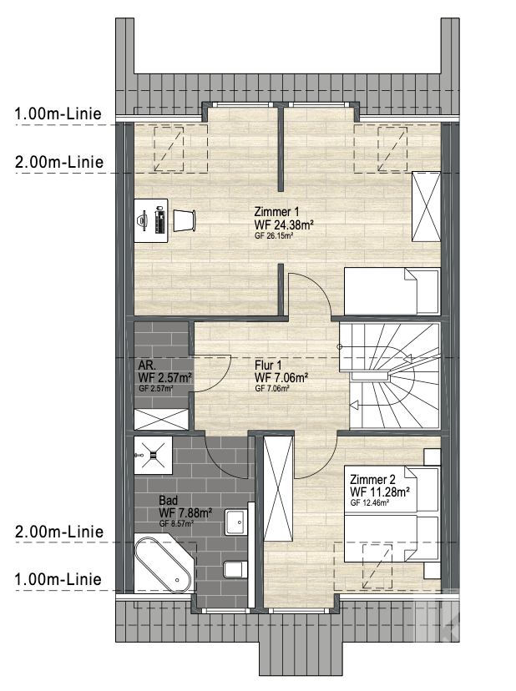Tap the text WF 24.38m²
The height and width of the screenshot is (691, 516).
(284, 224)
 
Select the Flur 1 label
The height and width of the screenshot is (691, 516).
(268, 366)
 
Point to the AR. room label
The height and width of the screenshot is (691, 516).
(147, 366)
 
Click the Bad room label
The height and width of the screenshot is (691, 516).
(169, 501)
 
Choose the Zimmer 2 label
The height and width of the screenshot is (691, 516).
(372, 479)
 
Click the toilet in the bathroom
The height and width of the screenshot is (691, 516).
(234, 569)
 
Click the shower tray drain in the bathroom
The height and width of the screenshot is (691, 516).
(152, 455)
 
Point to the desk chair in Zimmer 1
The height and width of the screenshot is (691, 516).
(184, 220)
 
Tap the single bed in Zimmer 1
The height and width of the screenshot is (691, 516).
(392, 291)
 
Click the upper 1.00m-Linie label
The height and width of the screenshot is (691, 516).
(58, 113)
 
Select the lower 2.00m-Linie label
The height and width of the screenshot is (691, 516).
(59, 532)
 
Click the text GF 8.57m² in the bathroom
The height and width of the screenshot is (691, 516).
(176, 524)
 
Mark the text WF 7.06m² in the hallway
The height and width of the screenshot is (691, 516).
(281, 378)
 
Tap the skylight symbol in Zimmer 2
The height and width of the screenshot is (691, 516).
(377, 567)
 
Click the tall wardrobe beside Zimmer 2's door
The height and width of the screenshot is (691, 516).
(278, 488)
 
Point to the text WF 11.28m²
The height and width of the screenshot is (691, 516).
(380, 492)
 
